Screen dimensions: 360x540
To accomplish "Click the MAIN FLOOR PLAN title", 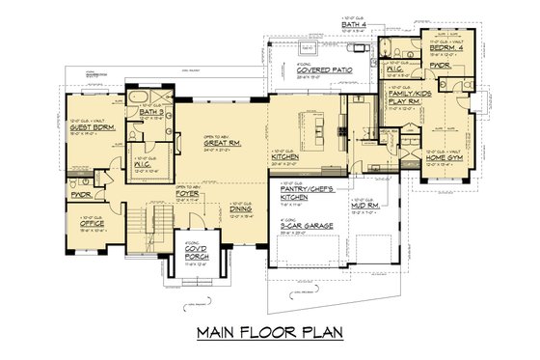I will click(x=269, y=334).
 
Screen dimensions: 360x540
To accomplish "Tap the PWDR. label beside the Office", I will click(x=80, y=193).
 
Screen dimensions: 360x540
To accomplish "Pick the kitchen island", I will click(x=327, y=125).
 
